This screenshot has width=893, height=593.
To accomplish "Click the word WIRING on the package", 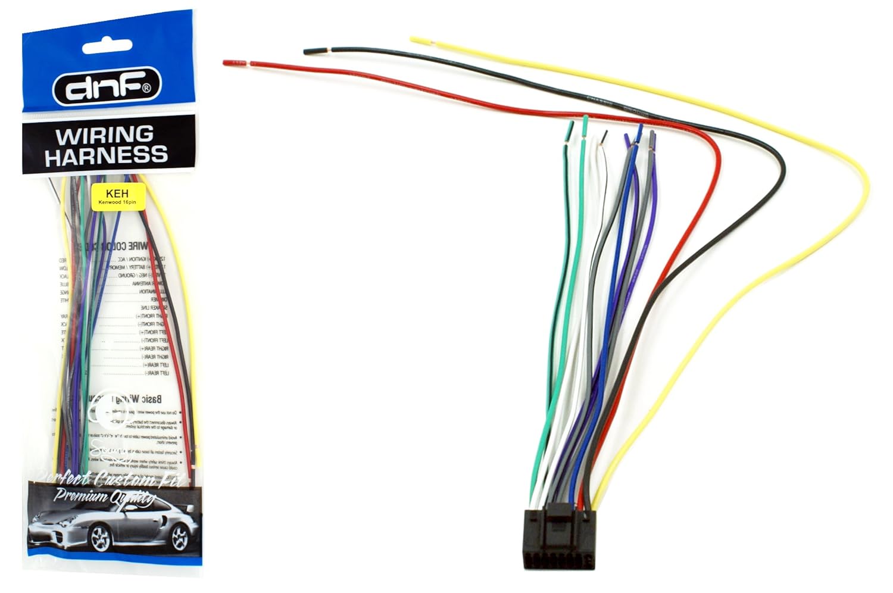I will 104,135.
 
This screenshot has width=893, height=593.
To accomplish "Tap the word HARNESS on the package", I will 106,155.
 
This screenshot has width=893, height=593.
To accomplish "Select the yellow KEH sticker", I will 117,195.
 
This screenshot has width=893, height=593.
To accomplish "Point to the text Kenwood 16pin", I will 117,202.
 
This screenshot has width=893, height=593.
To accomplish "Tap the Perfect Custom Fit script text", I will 110,478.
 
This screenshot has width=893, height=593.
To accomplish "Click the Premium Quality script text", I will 104,496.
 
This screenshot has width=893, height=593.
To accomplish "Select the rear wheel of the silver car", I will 179,538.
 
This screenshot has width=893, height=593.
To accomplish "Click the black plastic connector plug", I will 557,536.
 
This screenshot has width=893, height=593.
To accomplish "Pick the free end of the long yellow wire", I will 420,40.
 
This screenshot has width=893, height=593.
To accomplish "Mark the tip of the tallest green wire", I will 586,120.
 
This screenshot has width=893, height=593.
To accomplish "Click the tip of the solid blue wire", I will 640,129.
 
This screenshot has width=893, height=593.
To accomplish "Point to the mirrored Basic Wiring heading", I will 135,400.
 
